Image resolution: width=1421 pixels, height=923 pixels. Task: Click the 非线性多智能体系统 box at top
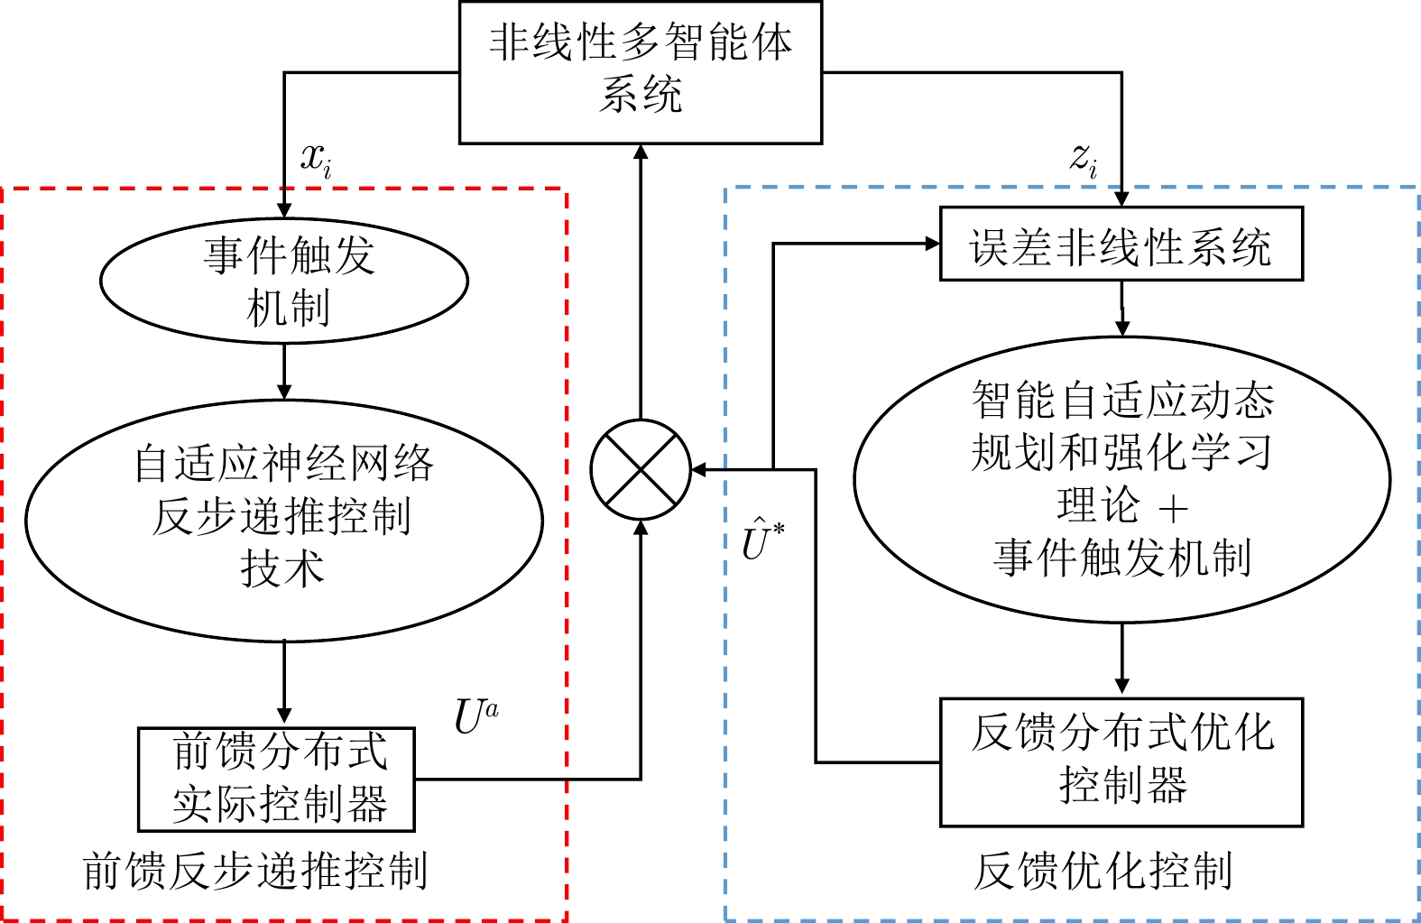(641, 72)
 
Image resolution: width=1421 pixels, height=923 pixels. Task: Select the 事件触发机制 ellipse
(284, 281)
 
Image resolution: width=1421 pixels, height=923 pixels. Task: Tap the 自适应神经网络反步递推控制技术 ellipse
(284, 521)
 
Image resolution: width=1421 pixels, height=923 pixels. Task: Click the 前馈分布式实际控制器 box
(276, 780)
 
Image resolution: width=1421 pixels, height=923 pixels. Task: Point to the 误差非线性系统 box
(1121, 245)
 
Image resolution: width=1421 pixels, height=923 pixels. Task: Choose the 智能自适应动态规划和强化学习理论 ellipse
(1121, 479)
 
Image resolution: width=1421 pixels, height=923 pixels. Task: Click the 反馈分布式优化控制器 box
(1121, 761)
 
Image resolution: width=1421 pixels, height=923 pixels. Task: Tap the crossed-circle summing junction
(641, 470)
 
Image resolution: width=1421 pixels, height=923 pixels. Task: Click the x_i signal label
(316, 160)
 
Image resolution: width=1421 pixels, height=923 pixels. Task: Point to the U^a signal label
(475, 717)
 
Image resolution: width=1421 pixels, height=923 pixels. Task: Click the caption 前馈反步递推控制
(255, 872)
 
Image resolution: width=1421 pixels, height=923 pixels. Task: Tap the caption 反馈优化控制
(1103, 872)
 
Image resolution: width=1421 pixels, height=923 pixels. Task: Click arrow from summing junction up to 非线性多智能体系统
(641, 280)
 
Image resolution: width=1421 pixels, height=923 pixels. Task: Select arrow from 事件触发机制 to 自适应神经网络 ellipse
(284, 371)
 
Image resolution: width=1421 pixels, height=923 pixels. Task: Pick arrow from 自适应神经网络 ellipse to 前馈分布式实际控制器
(284, 683)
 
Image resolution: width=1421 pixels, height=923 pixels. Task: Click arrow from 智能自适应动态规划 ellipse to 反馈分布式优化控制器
(1121, 660)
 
